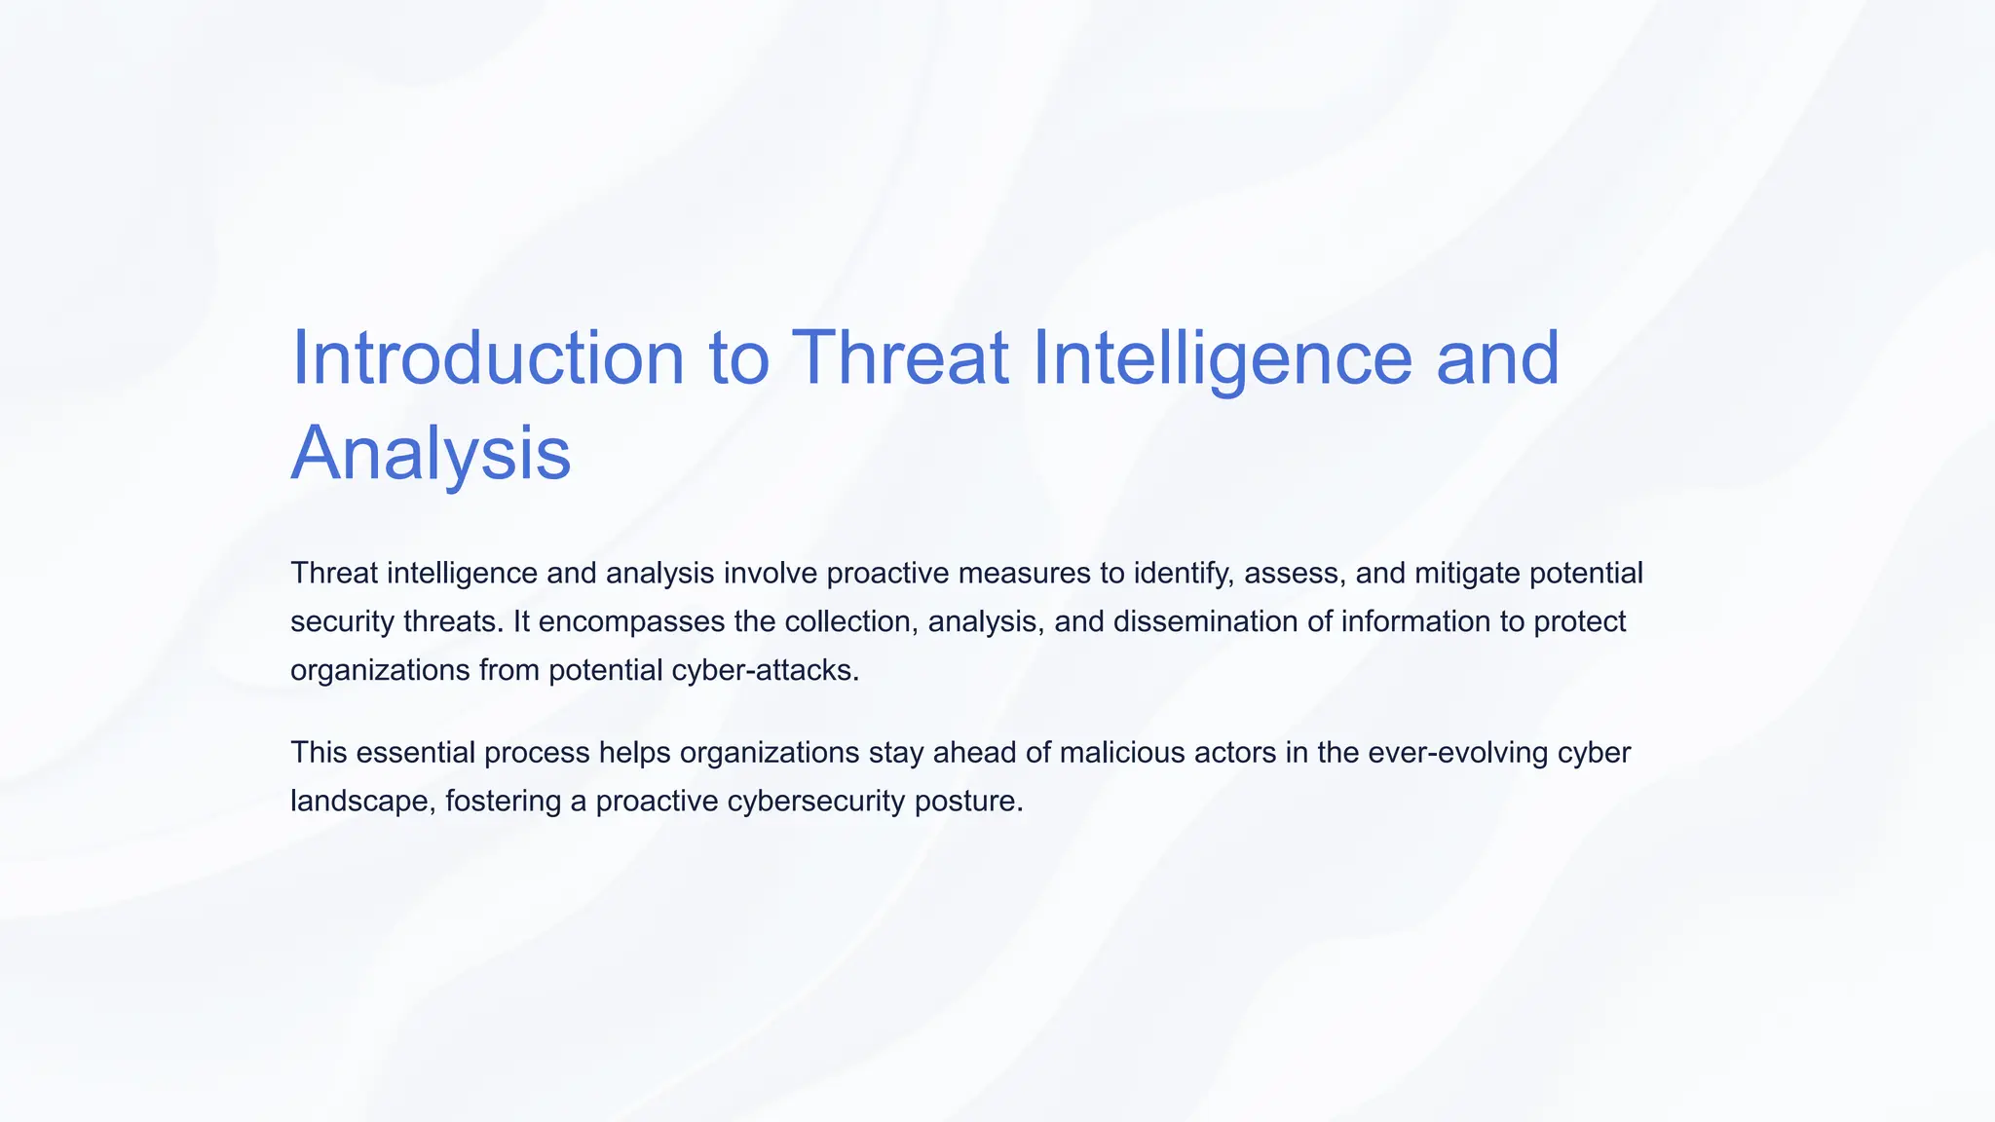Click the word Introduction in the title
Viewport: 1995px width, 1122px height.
(x=488, y=357)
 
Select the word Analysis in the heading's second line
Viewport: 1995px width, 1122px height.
(x=431, y=453)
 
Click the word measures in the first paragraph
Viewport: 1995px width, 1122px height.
(x=1025, y=573)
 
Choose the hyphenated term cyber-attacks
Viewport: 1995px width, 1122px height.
(x=765, y=670)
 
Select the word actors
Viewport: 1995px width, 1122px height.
(x=1238, y=753)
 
